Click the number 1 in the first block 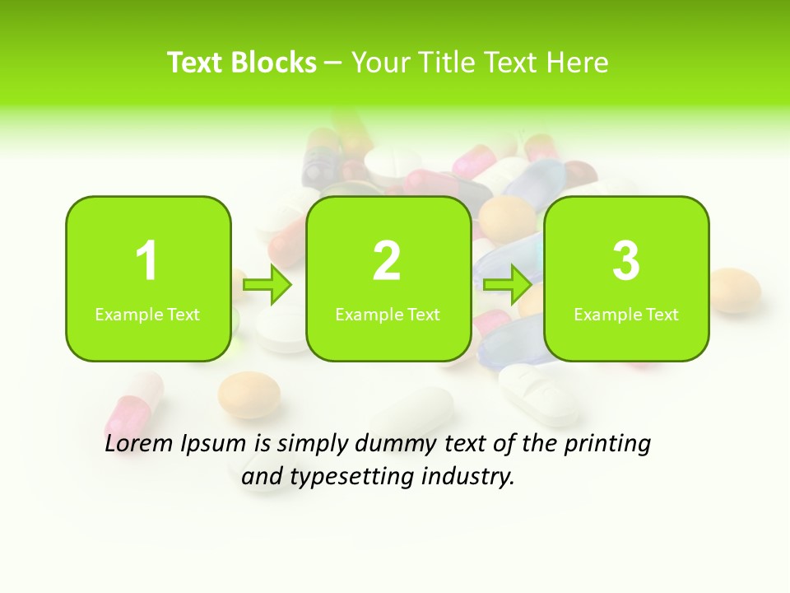pos(147,261)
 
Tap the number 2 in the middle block pos(387,261)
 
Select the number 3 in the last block pos(626,261)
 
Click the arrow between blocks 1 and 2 pos(268,285)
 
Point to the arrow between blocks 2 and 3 pos(508,285)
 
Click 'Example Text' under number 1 pos(147,315)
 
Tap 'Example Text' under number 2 pos(388,315)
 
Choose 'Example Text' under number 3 pos(626,315)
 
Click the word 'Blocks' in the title pos(273,63)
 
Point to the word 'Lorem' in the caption pos(139,444)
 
